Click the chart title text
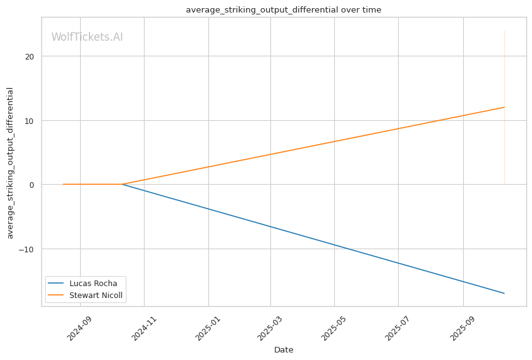point(284,10)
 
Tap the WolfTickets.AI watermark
point(87,37)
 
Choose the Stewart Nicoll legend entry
point(85,295)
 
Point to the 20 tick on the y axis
point(29,56)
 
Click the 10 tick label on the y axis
point(29,121)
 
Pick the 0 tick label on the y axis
point(32,185)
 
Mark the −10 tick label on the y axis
point(26,249)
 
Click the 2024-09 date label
point(79,328)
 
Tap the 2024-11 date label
point(143,328)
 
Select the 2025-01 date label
point(208,328)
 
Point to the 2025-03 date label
point(270,328)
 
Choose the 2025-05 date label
point(334,328)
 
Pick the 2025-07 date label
point(397,328)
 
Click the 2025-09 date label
point(462,328)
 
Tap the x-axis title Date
point(284,350)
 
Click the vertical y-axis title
point(10,163)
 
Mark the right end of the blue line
point(504,293)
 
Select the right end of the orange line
point(504,107)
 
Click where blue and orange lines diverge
point(122,184)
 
